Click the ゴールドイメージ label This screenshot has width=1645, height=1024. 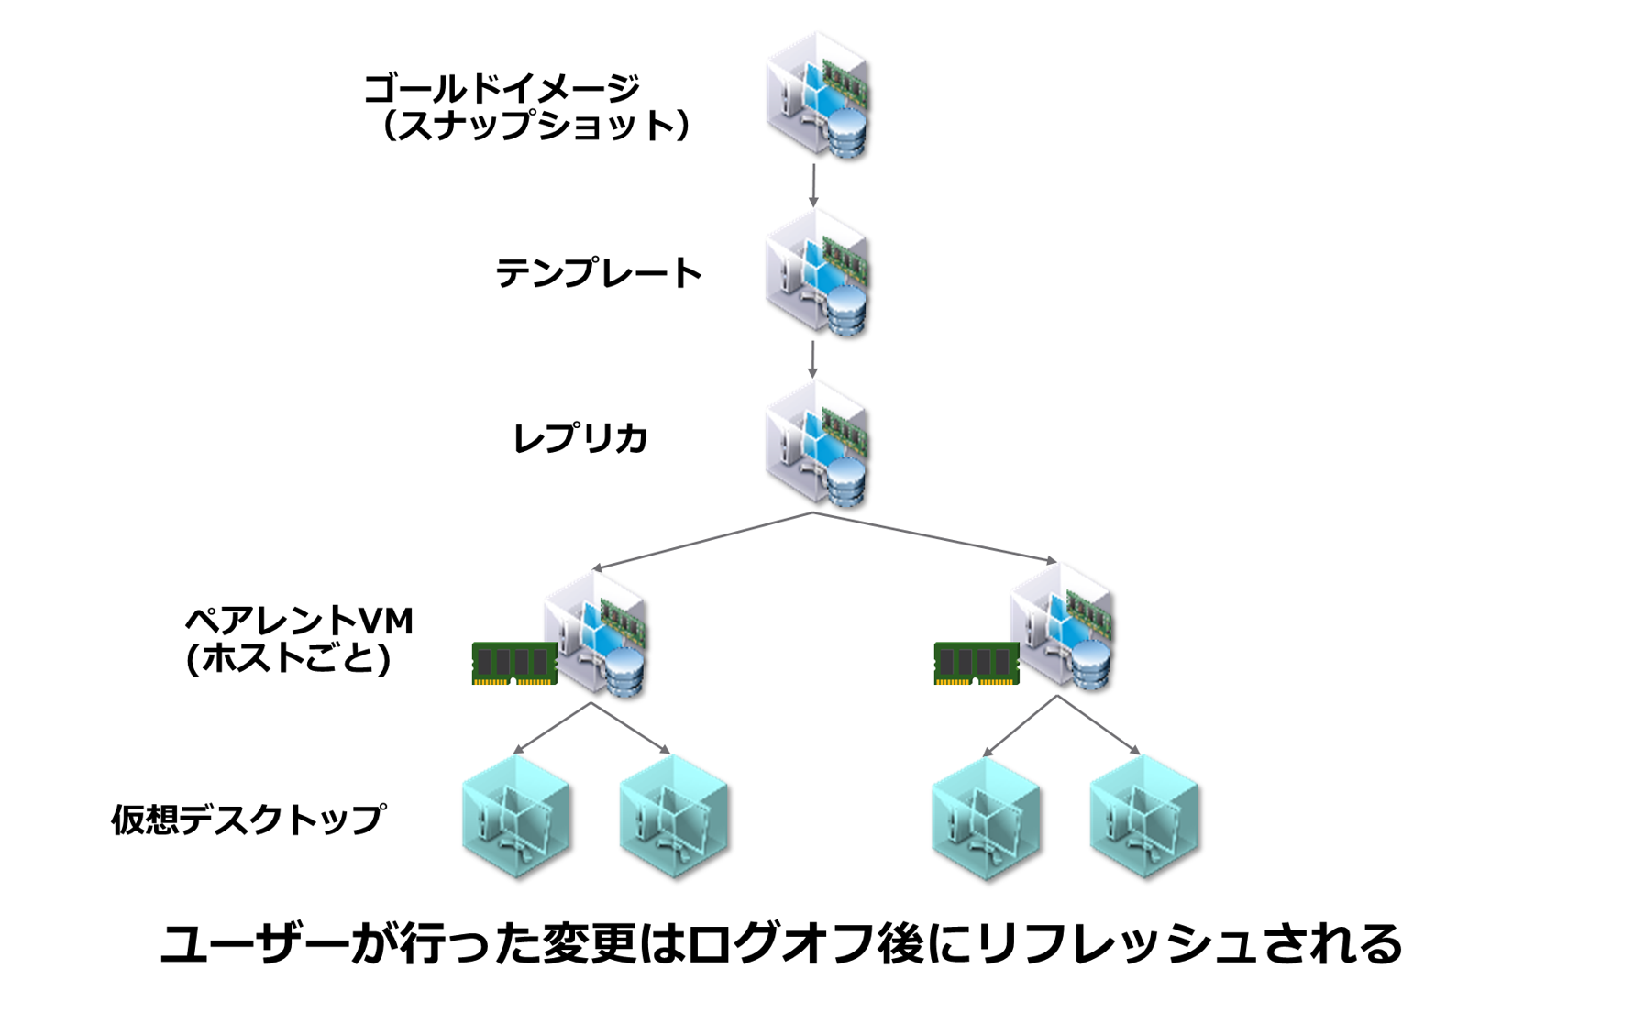point(502,89)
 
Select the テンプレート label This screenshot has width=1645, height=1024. point(598,273)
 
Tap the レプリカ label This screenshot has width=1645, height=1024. point(580,438)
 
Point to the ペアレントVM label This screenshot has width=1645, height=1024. point(299,622)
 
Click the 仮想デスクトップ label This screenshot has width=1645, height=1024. point(248,819)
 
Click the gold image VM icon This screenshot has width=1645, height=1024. point(818,96)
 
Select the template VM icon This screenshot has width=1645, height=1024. point(818,273)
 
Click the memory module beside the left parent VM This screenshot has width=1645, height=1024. point(514,664)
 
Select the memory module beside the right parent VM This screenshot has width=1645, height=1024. point(977,664)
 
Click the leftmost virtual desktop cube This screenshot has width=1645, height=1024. point(516,817)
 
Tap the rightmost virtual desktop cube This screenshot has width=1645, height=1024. point(1143,817)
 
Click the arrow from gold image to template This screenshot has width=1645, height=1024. point(813,186)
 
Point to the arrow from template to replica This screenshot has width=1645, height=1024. point(813,359)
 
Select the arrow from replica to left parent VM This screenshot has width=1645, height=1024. point(702,541)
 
